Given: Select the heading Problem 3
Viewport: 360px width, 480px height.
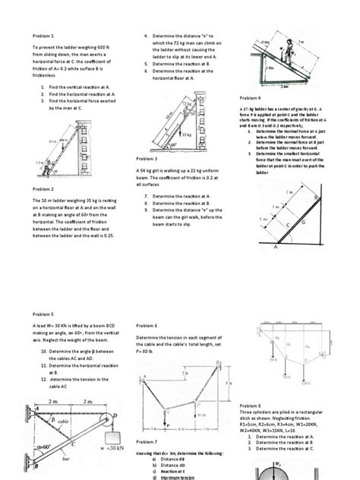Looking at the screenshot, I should (147, 159).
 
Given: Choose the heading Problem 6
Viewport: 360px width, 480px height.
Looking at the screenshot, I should (147, 325).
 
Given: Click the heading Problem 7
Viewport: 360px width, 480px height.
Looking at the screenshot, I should (147, 441).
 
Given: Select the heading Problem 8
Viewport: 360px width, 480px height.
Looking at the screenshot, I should (250, 406).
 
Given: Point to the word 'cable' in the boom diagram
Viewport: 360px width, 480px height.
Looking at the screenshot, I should (64, 418).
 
